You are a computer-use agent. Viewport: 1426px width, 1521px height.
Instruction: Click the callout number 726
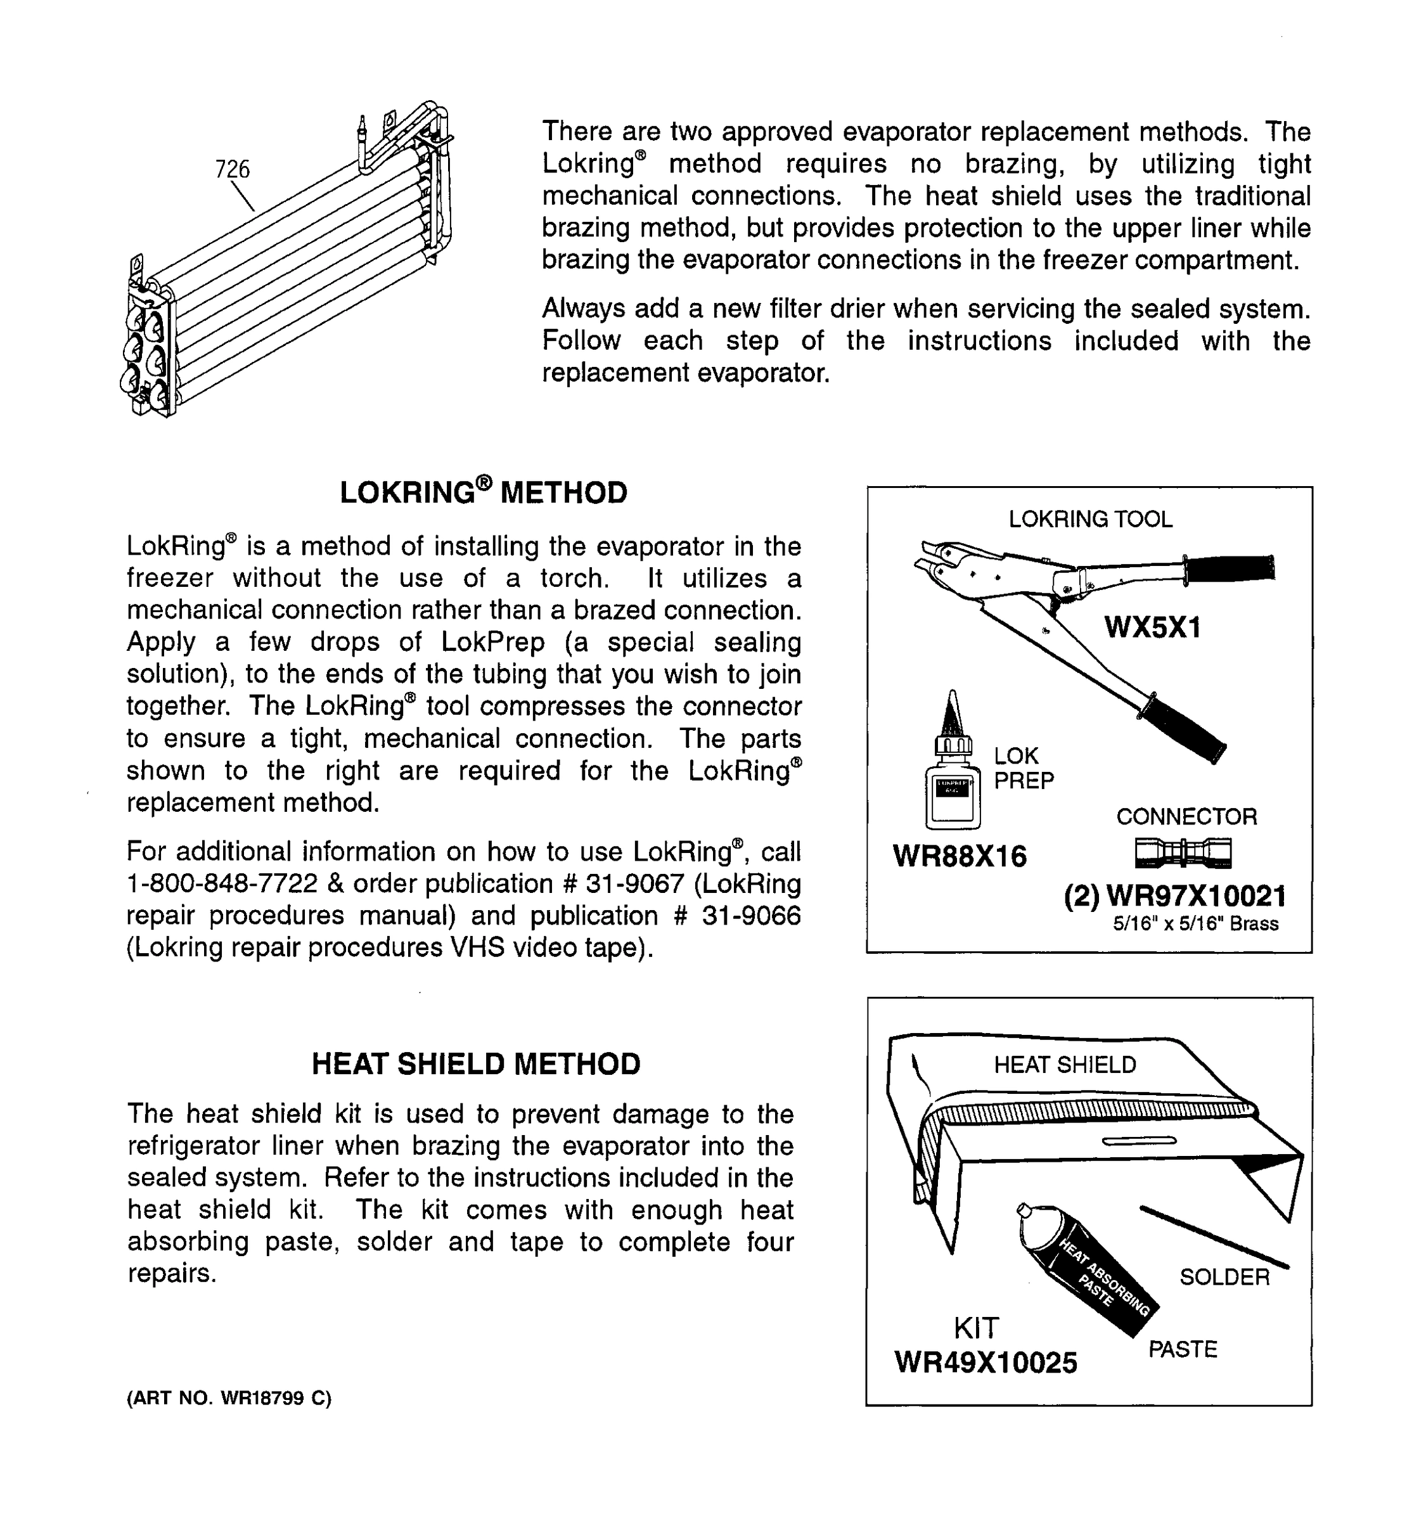233,169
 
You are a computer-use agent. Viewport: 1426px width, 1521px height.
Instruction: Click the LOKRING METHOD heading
483,492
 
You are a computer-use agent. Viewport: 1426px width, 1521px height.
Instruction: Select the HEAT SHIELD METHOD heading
476,1064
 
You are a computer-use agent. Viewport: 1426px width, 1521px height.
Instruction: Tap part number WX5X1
1153,627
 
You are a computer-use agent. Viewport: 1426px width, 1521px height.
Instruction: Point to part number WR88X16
960,856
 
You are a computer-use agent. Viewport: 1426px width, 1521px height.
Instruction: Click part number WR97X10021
1196,896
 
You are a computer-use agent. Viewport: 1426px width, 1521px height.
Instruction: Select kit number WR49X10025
986,1362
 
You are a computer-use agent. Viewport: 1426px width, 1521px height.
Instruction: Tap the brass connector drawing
1183,852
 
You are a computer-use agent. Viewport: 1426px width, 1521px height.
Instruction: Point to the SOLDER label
1224,1277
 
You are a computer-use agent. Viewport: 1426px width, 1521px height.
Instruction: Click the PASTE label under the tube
1182,1349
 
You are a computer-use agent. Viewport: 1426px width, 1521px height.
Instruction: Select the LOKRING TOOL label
1090,519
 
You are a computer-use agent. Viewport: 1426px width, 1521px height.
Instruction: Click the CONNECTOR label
1186,816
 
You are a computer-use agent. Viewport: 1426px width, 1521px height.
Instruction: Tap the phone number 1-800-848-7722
222,883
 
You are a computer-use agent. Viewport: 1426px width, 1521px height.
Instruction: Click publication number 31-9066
750,916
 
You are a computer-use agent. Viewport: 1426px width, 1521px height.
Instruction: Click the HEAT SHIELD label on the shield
1065,1064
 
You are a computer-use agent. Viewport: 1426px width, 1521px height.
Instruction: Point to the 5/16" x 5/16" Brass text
1195,923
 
